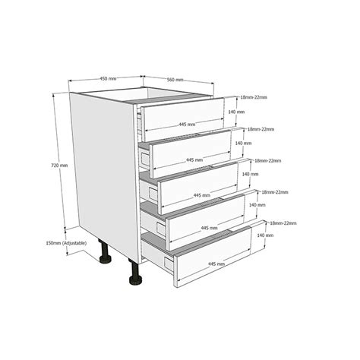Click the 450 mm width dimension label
108,78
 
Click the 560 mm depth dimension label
175,80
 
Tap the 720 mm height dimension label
59,166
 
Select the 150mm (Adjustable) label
66,243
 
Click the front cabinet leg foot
136,279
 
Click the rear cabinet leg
105,251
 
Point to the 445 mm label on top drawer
187,125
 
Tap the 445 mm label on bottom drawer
216,264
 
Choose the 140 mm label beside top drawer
236,112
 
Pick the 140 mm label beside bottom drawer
265,235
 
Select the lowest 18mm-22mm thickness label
283,223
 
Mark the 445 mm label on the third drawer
202,195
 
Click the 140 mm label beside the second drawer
244,143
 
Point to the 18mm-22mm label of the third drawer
268,160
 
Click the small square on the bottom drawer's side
168,264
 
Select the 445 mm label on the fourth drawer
209,228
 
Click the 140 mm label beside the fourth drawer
257,205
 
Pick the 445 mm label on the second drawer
194,159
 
